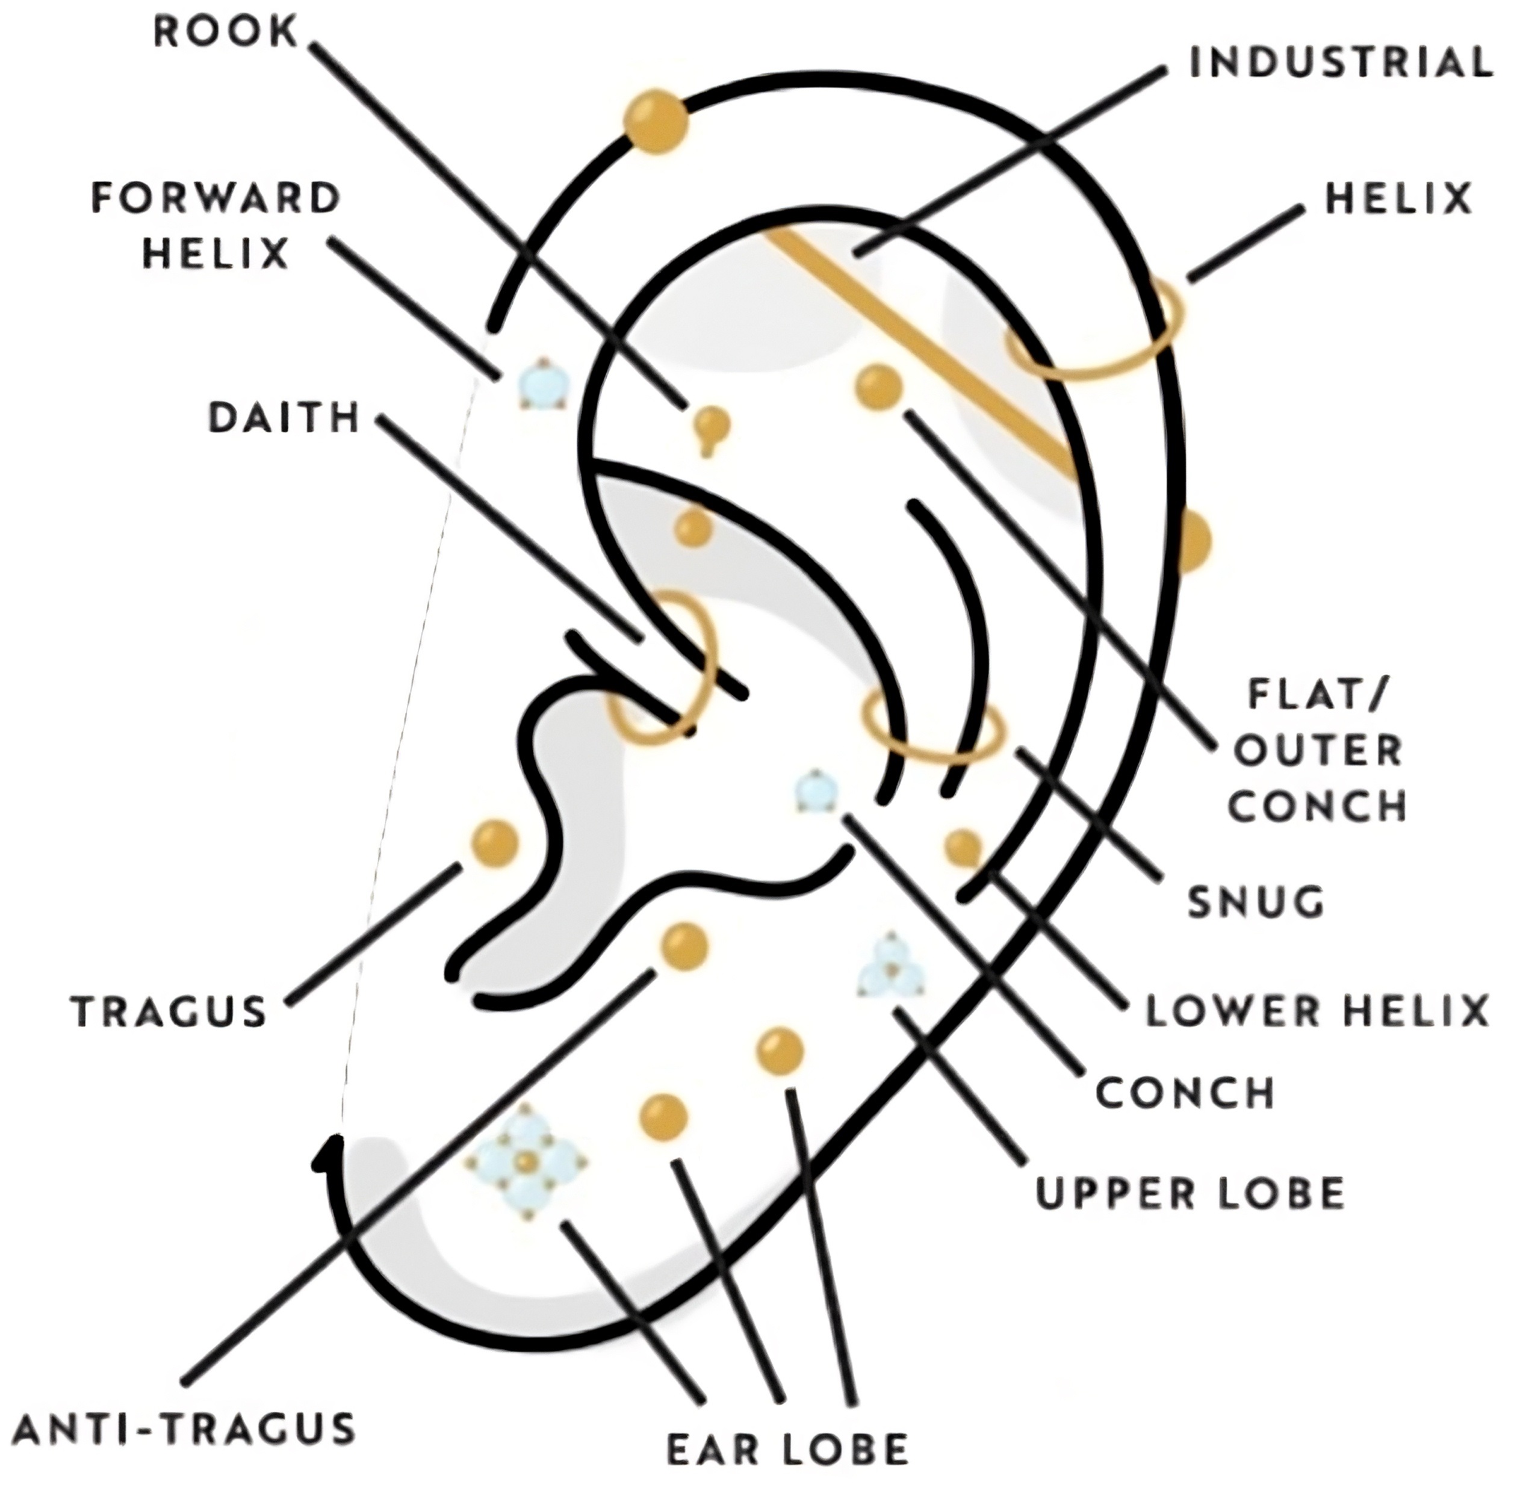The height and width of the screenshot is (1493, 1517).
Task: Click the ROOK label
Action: (x=226, y=33)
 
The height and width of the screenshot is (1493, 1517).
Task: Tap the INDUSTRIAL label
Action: (x=1341, y=63)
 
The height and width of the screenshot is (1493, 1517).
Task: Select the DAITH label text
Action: (x=284, y=417)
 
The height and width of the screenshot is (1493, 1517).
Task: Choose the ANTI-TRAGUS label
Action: (x=185, y=1429)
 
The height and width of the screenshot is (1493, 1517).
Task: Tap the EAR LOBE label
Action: (x=787, y=1449)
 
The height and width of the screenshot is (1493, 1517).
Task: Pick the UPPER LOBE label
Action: (x=1190, y=1193)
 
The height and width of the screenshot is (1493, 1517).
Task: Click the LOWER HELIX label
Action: (x=1317, y=1011)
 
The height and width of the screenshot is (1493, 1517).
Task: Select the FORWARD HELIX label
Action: (x=216, y=226)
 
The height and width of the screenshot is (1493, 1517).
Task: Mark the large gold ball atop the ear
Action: (x=656, y=122)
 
